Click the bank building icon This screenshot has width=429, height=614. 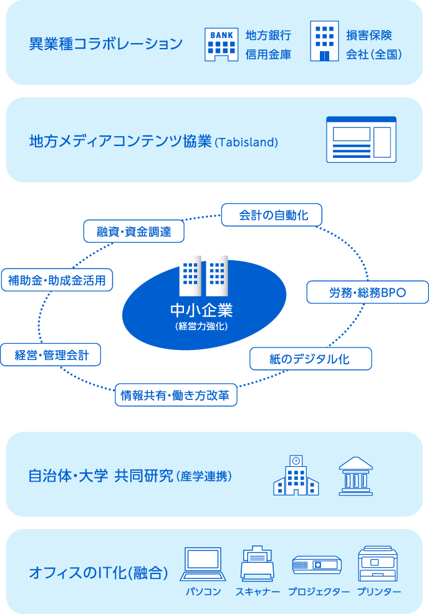[221, 45]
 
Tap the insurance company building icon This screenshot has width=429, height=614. [324, 42]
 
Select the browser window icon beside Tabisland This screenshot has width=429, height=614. [361, 140]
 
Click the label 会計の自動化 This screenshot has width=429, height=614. [272, 215]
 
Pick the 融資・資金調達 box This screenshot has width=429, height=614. [134, 231]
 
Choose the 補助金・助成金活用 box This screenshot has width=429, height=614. [57, 280]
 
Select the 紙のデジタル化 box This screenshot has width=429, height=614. [310, 359]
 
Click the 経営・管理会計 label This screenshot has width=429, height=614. [51, 356]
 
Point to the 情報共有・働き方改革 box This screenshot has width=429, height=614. [176, 395]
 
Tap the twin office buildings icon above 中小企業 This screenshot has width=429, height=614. [203, 275]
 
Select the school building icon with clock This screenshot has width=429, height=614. [296, 476]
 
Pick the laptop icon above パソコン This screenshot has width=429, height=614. [203, 565]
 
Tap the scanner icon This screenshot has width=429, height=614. [257, 564]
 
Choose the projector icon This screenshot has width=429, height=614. [317, 565]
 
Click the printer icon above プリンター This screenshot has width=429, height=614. [378, 564]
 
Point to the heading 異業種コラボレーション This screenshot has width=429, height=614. [106, 44]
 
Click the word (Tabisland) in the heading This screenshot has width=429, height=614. [246, 142]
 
